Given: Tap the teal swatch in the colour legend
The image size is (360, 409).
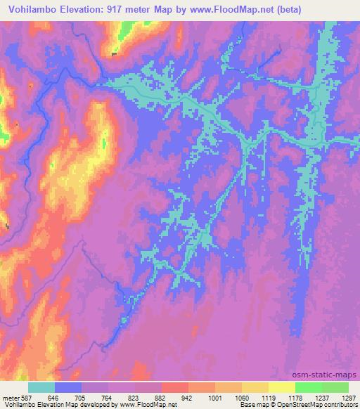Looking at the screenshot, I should pyautogui.click(x=41, y=387).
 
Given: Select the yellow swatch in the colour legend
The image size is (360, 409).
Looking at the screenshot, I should pyautogui.click(x=281, y=387).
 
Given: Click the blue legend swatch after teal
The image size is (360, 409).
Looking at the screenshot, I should pyautogui.click(x=68, y=387).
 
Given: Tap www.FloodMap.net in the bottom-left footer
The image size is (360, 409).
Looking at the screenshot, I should pyautogui.click(x=147, y=405).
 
